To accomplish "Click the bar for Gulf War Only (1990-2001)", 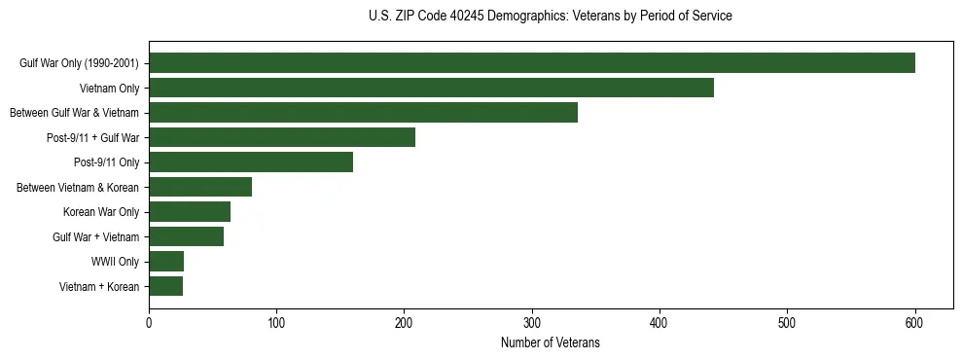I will (x=531, y=63).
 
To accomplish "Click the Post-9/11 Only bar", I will (x=251, y=162).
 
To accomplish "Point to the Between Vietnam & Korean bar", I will (x=200, y=187).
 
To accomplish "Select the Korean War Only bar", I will (x=190, y=212).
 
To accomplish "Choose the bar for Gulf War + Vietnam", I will (x=186, y=236).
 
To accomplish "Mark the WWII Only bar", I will (x=166, y=262).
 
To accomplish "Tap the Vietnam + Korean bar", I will (x=165, y=286).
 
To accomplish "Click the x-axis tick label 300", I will (x=532, y=324).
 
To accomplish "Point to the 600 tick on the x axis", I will (x=914, y=324).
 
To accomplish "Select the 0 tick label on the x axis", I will (x=149, y=324).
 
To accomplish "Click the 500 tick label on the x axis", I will (x=787, y=324).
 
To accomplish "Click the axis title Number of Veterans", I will (x=551, y=343).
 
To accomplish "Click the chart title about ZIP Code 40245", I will (x=551, y=17).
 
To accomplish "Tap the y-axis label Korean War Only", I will (x=101, y=212).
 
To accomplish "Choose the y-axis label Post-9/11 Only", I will (x=107, y=162).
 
